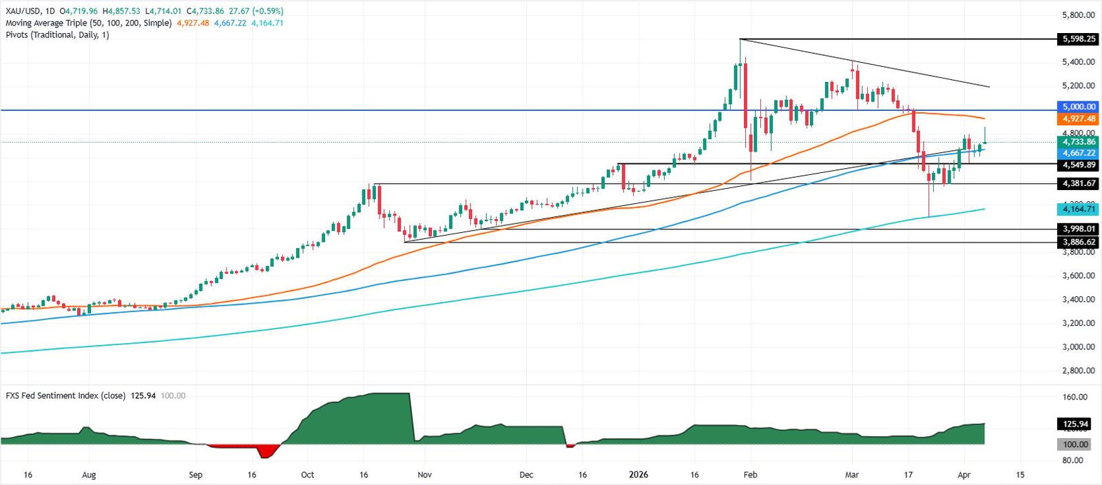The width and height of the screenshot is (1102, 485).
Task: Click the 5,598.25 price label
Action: [1079, 39]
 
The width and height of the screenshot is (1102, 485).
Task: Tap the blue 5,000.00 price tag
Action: [1079, 107]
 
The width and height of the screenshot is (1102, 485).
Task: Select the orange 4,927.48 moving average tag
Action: [1079, 118]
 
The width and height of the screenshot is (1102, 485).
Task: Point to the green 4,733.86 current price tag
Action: [1079, 142]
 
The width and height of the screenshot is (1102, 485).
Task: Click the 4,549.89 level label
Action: [1079, 165]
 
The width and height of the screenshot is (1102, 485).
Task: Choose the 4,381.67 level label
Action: [1079, 184]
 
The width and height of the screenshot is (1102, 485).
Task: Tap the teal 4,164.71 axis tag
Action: [1079, 209]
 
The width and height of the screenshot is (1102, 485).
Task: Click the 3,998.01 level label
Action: [1079, 229]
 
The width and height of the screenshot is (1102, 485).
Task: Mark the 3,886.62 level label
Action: [1079, 242]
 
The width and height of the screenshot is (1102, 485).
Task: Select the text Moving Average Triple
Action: [46, 23]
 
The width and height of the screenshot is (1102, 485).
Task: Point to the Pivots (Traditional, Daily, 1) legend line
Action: [57, 34]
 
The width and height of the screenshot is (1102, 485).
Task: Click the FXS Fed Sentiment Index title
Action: [65, 395]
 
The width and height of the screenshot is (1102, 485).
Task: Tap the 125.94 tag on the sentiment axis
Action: [1075, 424]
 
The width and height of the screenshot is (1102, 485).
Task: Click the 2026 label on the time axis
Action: [638, 475]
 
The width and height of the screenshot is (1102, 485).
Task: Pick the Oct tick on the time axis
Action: [307, 475]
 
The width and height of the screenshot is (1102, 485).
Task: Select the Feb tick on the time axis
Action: [750, 475]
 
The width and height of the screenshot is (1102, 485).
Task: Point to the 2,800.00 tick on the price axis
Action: [1078, 371]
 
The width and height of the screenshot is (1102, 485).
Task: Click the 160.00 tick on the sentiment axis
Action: [1075, 397]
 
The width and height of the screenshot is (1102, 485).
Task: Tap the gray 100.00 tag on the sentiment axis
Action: [1075, 444]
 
